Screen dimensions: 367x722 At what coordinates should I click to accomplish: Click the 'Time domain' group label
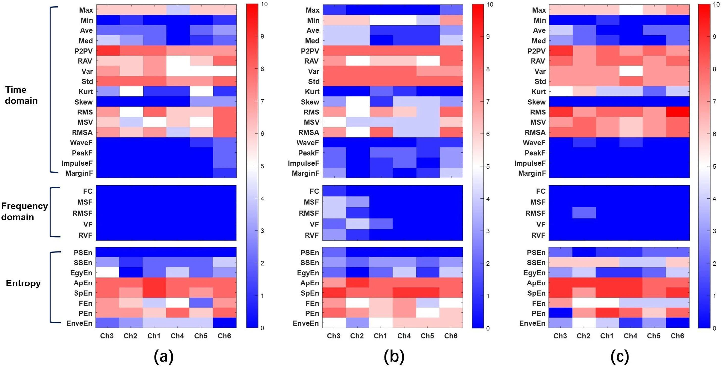(x=21, y=95)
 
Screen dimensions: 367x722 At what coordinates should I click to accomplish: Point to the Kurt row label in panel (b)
(x=312, y=92)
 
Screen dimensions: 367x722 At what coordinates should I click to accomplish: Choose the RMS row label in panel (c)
(x=538, y=112)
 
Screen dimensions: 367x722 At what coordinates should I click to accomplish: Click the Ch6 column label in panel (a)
(x=224, y=336)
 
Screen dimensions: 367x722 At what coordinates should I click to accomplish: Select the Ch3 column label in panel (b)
(x=334, y=336)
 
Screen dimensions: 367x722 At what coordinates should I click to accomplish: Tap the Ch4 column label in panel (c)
(x=630, y=336)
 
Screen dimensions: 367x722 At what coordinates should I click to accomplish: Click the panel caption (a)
(x=164, y=357)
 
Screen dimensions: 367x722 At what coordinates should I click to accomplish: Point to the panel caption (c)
(x=620, y=357)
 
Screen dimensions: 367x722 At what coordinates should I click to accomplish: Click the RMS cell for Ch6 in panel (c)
(x=677, y=112)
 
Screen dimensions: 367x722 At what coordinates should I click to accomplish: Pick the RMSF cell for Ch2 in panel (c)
(x=584, y=213)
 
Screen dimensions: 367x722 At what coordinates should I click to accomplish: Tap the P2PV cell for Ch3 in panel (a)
(x=108, y=51)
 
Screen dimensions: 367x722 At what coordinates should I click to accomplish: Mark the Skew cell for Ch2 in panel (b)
(x=357, y=102)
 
